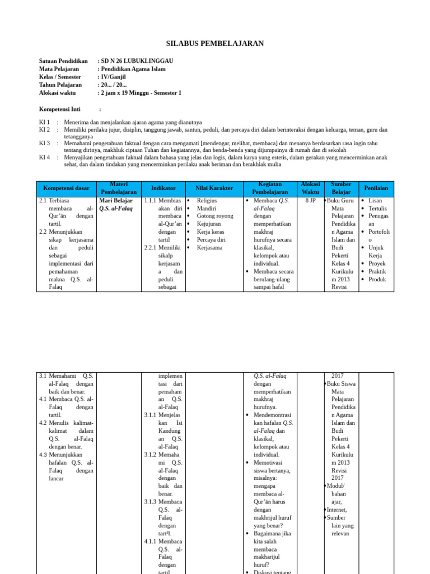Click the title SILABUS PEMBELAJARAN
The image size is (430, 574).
pos(215,44)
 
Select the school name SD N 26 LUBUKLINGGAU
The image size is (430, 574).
pos(137,61)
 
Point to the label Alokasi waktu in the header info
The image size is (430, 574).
pos(57,93)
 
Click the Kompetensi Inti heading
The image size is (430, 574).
pos(60,109)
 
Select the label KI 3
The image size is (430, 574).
pos(45,143)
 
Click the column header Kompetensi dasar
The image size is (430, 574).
pos(66,188)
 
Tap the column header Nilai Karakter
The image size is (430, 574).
pos(214,188)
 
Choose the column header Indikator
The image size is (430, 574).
pos(163,188)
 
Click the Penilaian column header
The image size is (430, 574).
pos(376,188)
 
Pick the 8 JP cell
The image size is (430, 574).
pos(310,200)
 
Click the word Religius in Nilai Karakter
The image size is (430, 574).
pos(207,200)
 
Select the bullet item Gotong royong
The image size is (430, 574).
pos(215,216)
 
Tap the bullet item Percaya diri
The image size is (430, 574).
pos(211,239)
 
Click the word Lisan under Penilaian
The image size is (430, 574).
pos(375,200)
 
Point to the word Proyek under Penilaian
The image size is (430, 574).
pos(377,263)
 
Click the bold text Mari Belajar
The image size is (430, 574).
pos(116,200)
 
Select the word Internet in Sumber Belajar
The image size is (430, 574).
pos(336,510)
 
